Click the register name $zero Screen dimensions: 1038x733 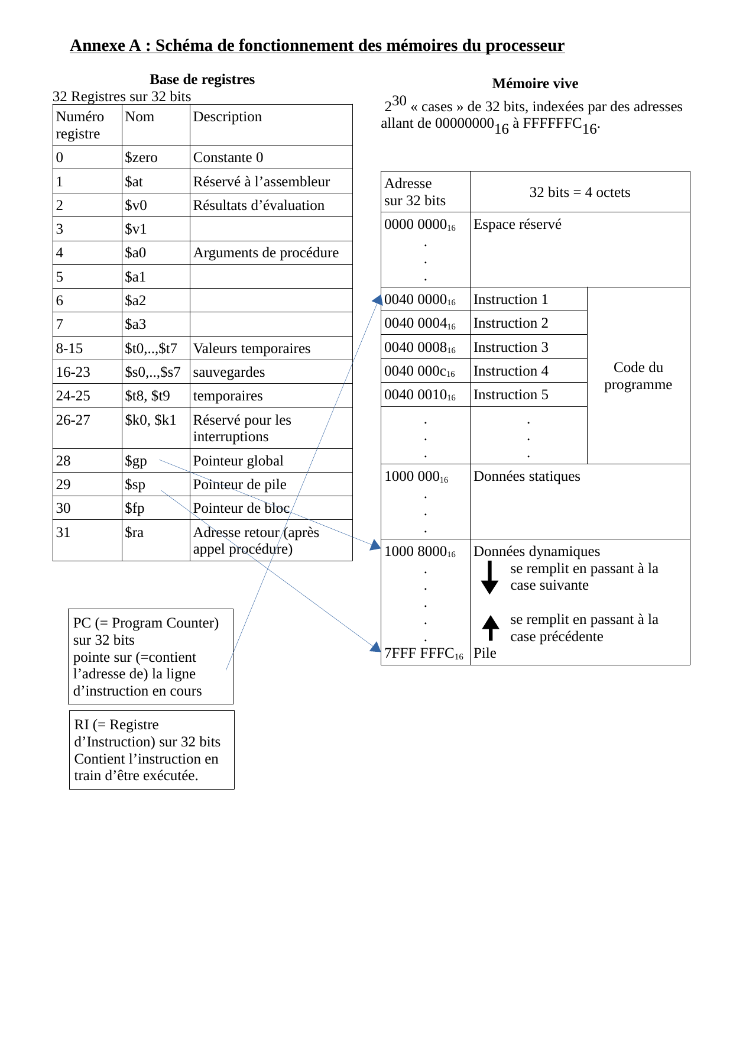point(141,157)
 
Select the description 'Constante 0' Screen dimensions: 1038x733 point(228,157)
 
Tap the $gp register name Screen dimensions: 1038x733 point(136,461)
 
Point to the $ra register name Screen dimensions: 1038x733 point(134,532)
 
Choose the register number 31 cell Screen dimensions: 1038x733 point(63,532)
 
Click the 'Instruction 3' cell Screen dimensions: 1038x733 point(511,347)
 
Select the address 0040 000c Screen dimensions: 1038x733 point(419,371)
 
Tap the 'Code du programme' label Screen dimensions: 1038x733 point(638,376)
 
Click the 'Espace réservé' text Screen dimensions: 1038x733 point(517,224)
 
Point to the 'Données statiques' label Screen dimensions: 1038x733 point(527,476)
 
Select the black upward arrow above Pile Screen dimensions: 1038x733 point(490,628)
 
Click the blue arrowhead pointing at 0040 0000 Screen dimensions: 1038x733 point(377,300)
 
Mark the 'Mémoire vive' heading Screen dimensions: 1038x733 point(535,83)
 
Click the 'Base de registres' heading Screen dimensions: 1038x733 point(202,79)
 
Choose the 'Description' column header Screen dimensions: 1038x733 point(228,117)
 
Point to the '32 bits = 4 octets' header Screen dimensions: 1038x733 point(579,192)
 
